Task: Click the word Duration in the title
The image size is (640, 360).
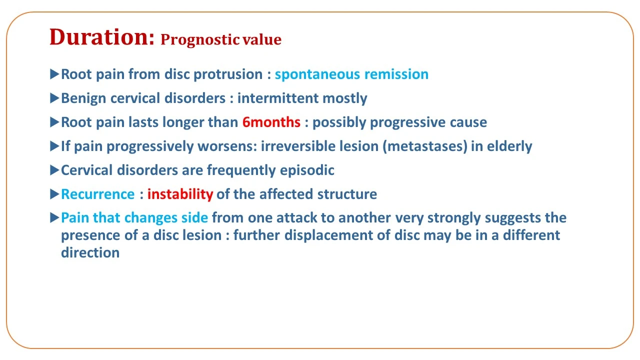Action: tap(101, 37)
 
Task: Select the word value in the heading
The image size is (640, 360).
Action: tap(262, 39)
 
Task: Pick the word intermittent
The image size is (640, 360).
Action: tap(277, 98)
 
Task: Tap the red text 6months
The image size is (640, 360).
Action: tap(271, 122)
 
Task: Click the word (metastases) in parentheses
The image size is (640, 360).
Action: tap(425, 146)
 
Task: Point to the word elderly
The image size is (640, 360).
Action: tap(509, 147)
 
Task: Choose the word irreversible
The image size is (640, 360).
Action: tap(298, 146)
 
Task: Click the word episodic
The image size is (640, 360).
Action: tap(307, 170)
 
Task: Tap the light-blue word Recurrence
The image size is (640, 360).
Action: tap(97, 194)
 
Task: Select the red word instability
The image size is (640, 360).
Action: tap(180, 194)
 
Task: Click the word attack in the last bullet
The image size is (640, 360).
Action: tap(296, 217)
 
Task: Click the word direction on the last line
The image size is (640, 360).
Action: tap(90, 253)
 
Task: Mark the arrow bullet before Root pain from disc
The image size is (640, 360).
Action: tap(54, 74)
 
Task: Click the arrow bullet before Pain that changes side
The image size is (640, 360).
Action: tap(54, 217)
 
